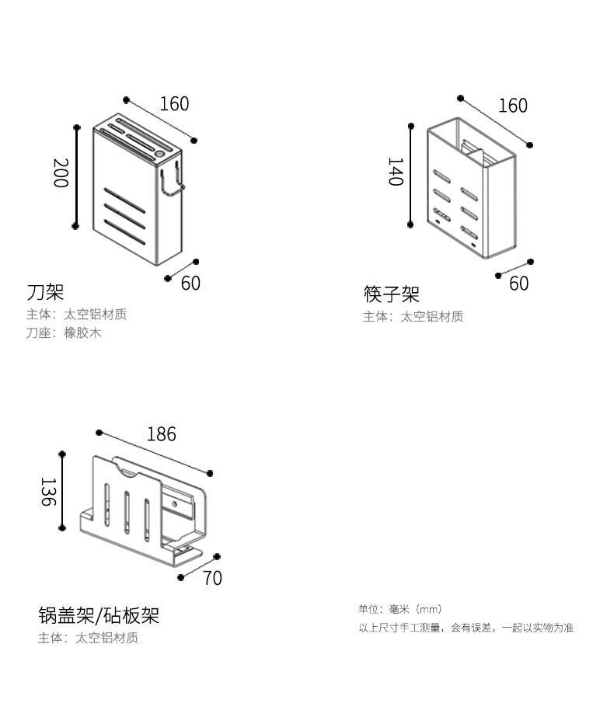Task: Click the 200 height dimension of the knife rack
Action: tap(60, 172)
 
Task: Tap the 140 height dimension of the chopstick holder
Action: tap(395, 172)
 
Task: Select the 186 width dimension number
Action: tap(161, 433)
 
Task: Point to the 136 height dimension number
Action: tap(47, 492)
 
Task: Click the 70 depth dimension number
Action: tap(212, 578)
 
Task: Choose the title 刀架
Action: tap(45, 292)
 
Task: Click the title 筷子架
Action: tap(392, 294)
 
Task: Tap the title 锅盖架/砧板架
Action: tap(99, 616)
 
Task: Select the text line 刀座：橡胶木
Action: tap(64, 333)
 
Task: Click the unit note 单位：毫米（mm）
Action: tap(399, 609)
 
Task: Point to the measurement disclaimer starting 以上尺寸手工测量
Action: tap(466, 628)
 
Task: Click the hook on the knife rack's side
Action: tap(173, 182)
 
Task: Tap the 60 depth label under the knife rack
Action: tap(190, 283)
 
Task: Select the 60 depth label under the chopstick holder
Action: tap(518, 284)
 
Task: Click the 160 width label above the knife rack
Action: tap(174, 103)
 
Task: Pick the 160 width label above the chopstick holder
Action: tap(512, 105)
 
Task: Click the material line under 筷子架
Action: tap(413, 316)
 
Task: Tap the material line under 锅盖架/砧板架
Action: tap(88, 638)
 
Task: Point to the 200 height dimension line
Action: tap(76, 176)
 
